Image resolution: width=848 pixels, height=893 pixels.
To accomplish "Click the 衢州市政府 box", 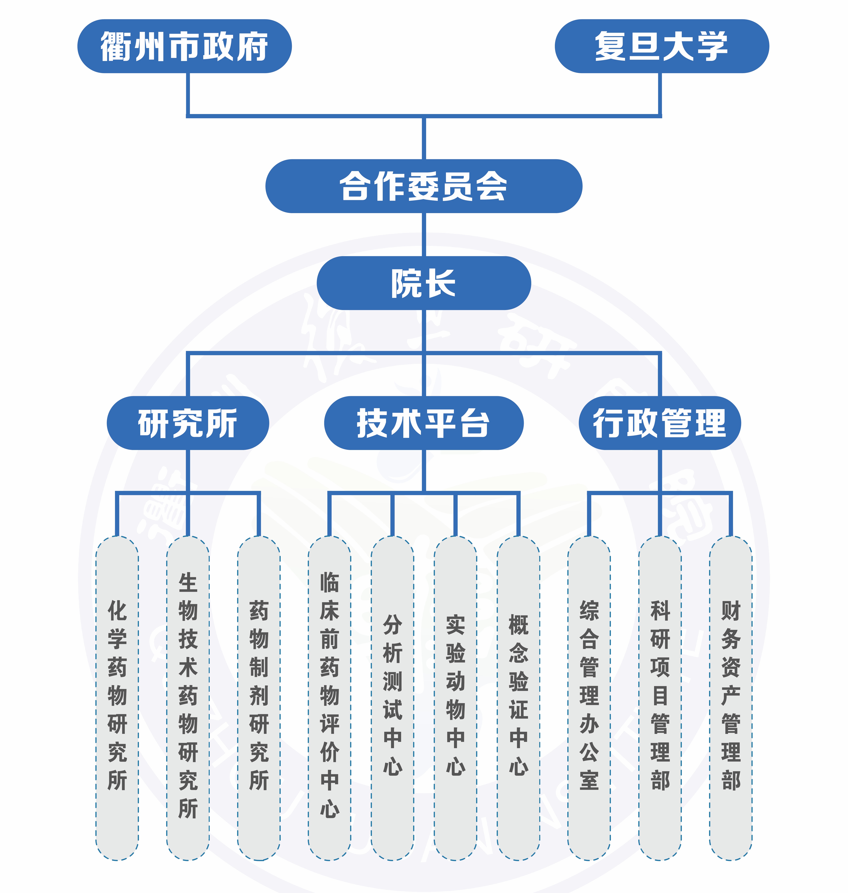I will [x=184, y=46].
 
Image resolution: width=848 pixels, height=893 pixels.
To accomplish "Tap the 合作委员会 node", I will [x=424, y=186].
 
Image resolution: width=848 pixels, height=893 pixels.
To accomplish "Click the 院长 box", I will [x=424, y=283].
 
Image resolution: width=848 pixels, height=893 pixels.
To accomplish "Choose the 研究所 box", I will [x=188, y=423].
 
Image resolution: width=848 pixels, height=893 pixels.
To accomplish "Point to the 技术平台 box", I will [x=424, y=423].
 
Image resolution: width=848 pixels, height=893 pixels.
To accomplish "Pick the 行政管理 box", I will [x=660, y=423].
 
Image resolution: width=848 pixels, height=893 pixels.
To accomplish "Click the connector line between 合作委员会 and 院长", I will [x=424, y=234].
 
